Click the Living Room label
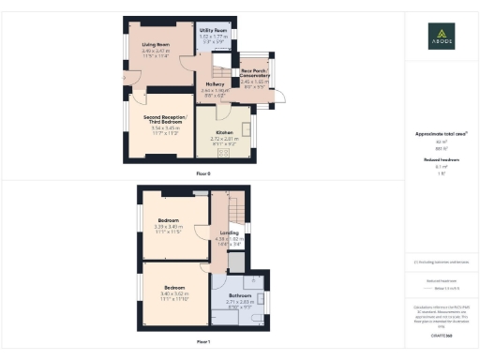[156, 44]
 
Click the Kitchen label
[224, 133]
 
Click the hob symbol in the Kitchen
[225, 154]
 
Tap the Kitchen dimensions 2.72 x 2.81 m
[224, 139]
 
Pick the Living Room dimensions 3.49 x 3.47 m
[156, 50]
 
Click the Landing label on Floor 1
[230, 232]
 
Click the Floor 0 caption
[202, 174]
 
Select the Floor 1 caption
[202, 341]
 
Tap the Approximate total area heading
[441, 134]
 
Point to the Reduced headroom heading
[441, 160]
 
